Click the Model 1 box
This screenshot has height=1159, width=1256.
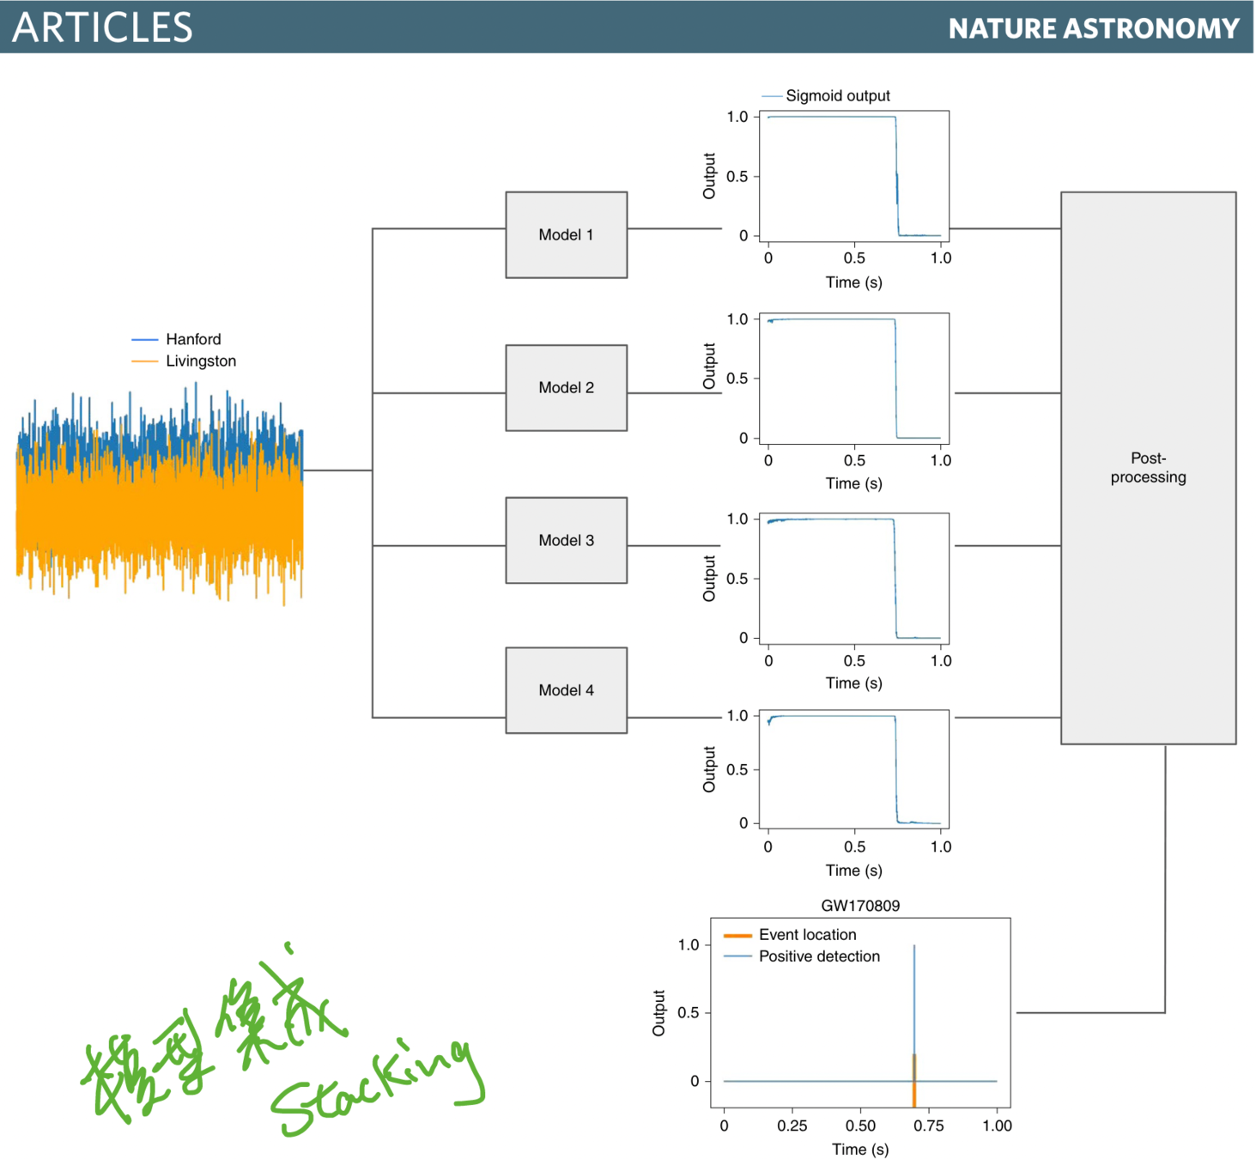click(x=566, y=234)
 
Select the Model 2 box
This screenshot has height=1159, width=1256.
click(x=566, y=387)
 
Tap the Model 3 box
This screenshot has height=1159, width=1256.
click(x=566, y=540)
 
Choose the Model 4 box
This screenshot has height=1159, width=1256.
click(x=566, y=690)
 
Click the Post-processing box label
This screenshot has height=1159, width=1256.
click(x=1148, y=468)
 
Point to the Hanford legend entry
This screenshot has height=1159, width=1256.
click(x=193, y=339)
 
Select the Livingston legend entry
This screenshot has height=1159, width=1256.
click(x=200, y=361)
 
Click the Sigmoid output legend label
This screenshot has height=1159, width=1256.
click(x=837, y=96)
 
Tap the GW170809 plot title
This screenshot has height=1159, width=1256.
click(x=860, y=906)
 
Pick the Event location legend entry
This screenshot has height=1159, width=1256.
click(x=807, y=935)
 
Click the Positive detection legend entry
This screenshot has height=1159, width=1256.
click(x=819, y=956)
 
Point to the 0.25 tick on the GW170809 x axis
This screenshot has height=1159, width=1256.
click(x=792, y=1126)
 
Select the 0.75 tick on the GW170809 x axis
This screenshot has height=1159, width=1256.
click(x=929, y=1126)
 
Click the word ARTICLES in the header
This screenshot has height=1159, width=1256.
click(x=102, y=27)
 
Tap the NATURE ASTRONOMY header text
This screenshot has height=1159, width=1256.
click(x=1094, y=28)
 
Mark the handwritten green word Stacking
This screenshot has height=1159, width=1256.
click(x=378, y=1086)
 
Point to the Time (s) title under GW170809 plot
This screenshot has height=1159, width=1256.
click(x=860, y=1149)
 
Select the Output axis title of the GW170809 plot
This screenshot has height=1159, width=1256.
click(x=658, y=1013)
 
